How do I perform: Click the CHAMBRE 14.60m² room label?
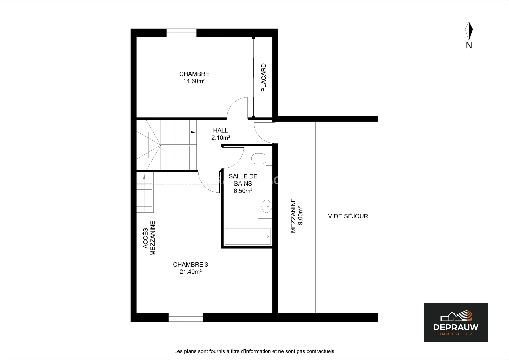pyautogui.click(x=194, y=77)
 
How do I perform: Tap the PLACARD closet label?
pyautogui.click(x=263, y=77)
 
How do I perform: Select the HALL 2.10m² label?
pyautogui.click(x=221, y=134)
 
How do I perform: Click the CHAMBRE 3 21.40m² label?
pyautogui.click(x=190, y=268)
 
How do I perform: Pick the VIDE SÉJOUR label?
pyautogui.click(x=348, y=216)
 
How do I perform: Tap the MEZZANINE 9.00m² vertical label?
pyautogui.click(x=297, y=216)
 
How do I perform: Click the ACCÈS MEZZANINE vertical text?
pyautogui.click(x=149, y=238)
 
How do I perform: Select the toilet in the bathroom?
pyautogui.click(x=262, y=159)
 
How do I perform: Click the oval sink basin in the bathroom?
pyautogui.click(x=266, y=206)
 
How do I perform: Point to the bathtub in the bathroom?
pyautogui.click(x=248, y=237)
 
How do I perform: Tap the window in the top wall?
pyautogui.click(x=181, y=33)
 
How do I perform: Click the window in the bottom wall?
pyautogui.click(x=186, y=317)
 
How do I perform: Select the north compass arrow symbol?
pyautogui.click(x=469, y=31)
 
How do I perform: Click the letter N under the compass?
pyautogui.click(x=469, y=45)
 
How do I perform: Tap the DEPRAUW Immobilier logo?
pyautogui.click(x=456, y=323)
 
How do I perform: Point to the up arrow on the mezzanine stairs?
pyautogui.click(x=144, y=176)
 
